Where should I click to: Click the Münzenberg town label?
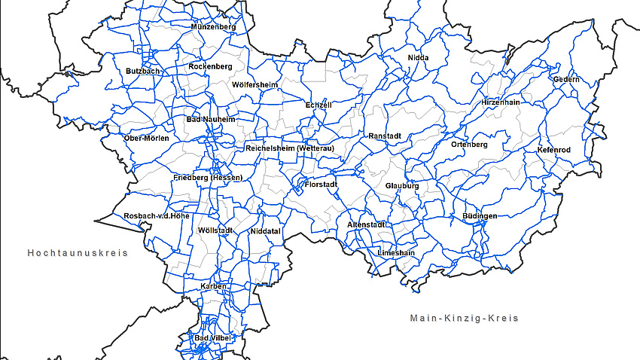(x=214, y=27)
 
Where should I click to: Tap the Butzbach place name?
(x=143, y=71)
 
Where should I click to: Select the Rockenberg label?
(x=210, y=66)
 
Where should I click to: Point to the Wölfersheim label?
(x=255, y=84)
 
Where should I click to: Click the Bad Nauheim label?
(x=211, y=119)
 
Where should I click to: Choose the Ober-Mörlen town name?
(x=147, y=138)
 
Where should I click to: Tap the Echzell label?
(x=318, y=105)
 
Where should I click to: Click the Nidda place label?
(x=418, y=57)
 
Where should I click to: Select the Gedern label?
(x=566, y=79)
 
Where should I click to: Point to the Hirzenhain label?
(x=501, y=102)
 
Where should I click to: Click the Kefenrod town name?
(x=554, y=150)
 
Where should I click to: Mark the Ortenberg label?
(x=470, y=144)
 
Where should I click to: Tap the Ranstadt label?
(x=385, y=136)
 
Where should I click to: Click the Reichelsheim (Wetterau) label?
(x=289, y=148)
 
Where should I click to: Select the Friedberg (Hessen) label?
(x=208, y=178)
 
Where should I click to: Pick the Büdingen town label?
(x=480, y=216)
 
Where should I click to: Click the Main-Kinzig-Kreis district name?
(x=465, y=318)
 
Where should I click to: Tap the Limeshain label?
(x=396, y=253)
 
